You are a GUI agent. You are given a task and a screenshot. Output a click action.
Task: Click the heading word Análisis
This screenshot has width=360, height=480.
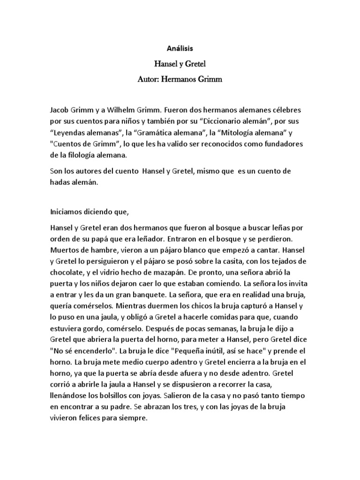coord(180,48)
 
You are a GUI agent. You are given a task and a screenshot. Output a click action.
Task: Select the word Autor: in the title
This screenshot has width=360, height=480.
coord(150,79)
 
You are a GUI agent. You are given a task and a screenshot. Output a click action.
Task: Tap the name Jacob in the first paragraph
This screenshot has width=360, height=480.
coord(60,112)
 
